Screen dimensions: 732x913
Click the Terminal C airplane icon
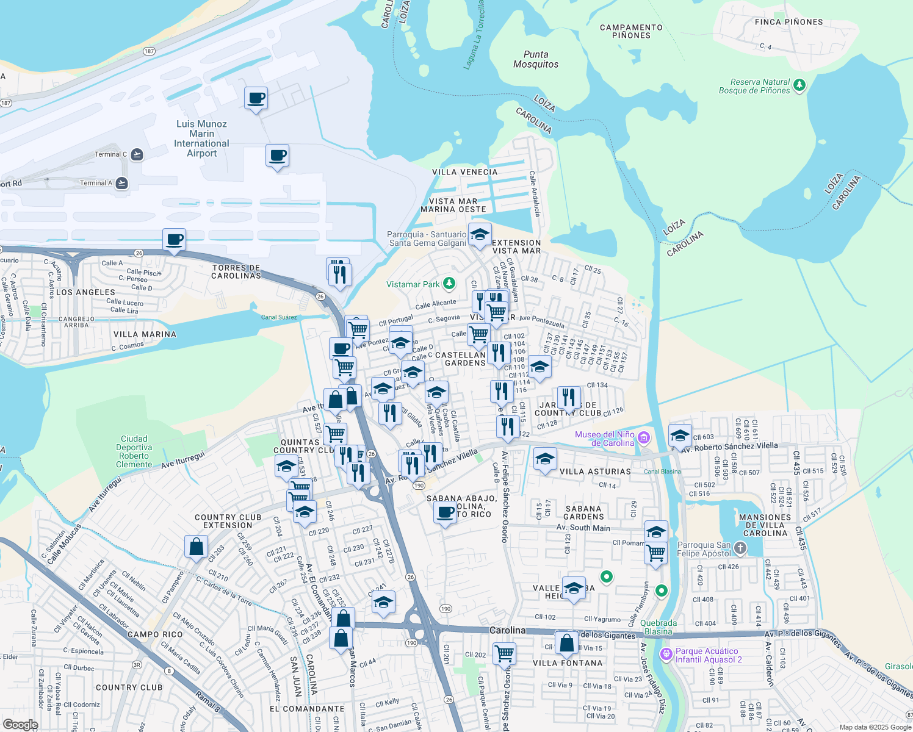(x=137, y=154)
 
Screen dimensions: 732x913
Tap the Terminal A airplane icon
(x=122, y=183)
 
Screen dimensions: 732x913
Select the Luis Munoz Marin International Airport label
(x=201, y=138)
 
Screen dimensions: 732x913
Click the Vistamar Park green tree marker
(x=449, y=284)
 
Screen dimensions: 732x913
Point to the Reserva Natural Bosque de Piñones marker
(x=799, y=85)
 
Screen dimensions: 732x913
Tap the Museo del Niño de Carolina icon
(x=643, y=437)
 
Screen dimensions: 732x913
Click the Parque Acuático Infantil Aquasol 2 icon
(x=666, y=654)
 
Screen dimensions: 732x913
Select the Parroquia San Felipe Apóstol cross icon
(x=740, y=548)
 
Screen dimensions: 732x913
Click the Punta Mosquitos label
(x=536, y=59)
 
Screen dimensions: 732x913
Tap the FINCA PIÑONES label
(x=789, y=22)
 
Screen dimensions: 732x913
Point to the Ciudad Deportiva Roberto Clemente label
(x=134, y=451)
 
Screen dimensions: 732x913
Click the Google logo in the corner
(x=21, y=725)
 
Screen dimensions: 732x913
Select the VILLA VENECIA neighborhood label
(x=464, y=172)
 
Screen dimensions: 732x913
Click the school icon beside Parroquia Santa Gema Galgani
(x=480, y=235)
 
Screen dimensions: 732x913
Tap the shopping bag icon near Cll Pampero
(x=196, y=546)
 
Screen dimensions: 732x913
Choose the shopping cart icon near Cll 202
(x=504, y=653)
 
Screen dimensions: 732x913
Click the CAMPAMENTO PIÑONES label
(x=631, y=31)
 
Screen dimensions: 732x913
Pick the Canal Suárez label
(x=279, y=317)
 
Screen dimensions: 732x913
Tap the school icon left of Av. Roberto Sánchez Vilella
(x=680, y=436)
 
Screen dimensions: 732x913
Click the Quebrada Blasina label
(x=659, y=627)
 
